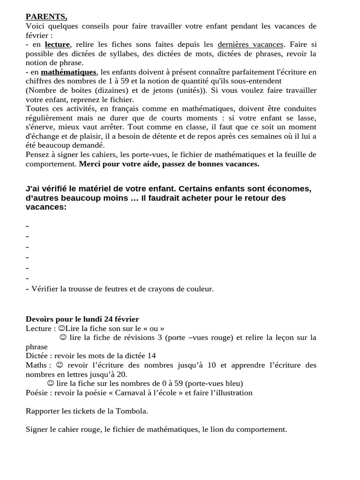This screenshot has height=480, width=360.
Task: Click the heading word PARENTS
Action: point(46,17)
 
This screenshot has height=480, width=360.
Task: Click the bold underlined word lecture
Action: point(57,45)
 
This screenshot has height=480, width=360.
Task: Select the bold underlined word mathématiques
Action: point(68,72)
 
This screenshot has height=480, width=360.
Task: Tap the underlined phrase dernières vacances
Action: point(250,45)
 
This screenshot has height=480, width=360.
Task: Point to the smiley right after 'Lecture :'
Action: point(62,328)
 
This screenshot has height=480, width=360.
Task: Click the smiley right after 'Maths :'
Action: point(59,365)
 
